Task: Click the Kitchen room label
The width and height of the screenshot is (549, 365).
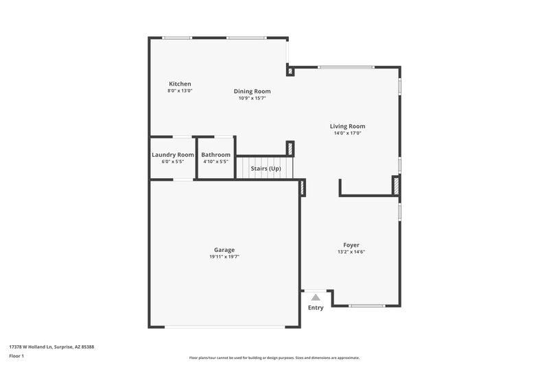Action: [180, 84]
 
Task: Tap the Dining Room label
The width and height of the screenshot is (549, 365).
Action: [252, 91]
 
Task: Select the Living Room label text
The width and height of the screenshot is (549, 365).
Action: [347, 126]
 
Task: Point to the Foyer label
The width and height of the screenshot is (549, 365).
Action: [351, 244]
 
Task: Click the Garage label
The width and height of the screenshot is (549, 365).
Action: [224, 249]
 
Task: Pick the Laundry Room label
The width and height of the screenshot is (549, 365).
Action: [172, 155]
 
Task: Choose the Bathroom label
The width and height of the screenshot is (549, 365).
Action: [215, 155]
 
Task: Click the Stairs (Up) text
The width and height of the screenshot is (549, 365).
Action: [265, 168]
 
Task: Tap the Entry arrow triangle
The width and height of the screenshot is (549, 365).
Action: [315, 297]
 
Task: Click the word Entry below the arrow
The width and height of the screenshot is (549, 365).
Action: [315, 307]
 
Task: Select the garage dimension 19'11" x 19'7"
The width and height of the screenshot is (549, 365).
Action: [224, 257]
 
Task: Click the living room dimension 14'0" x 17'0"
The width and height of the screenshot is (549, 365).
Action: [347, 134]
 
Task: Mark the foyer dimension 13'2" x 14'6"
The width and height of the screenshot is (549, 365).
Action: [351, 252]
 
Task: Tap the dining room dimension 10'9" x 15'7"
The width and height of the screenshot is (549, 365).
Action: [252, 99]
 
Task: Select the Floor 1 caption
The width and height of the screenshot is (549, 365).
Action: [16, 356]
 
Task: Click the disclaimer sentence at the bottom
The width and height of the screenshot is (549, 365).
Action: [274, 357]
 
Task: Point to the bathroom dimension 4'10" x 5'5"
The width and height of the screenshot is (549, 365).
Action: [215, 162]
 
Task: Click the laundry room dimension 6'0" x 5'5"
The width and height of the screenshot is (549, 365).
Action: [172, 162]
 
